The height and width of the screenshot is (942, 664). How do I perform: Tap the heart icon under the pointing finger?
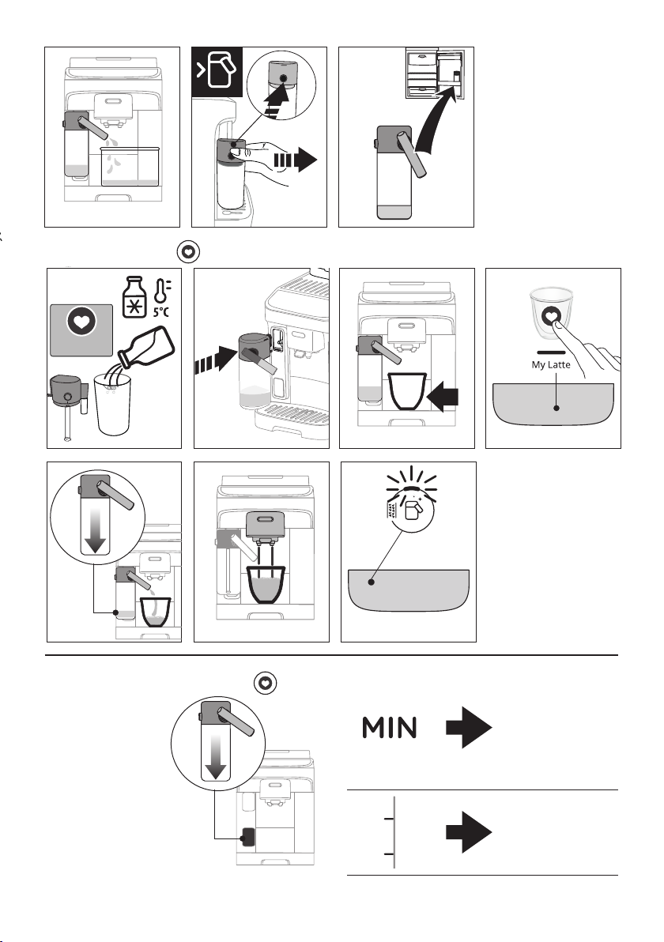pyautogui.click(x=552, y=315)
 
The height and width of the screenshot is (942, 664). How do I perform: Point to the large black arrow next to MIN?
pyautogui.click(x=469, y=727)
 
